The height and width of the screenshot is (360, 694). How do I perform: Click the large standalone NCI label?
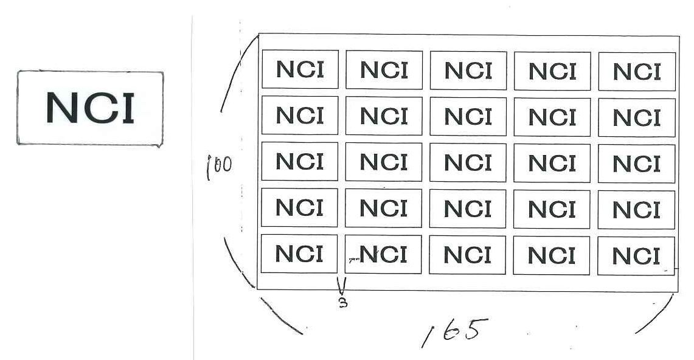(90, 108)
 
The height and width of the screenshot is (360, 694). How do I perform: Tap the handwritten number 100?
(219, 165)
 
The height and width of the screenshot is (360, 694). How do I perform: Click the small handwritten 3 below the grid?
(342, 302)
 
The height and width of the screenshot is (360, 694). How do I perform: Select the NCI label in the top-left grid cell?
(300, 69)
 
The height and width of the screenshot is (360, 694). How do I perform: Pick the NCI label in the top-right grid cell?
(637, 72)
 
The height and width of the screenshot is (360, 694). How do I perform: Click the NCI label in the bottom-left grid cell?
(299, 254)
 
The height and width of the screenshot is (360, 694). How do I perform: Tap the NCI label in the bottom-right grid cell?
(636, 257)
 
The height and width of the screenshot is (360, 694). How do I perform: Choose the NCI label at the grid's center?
(468, 163)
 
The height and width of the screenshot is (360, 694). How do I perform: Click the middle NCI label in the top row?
(468, 71)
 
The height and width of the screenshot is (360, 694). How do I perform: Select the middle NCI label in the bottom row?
(467, 255)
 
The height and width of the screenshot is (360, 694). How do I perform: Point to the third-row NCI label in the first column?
(300, 162)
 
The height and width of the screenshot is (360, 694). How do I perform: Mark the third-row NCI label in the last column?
(637, 164)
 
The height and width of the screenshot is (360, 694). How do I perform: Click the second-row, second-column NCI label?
(384, 116)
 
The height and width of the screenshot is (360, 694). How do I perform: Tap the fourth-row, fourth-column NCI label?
(552, 210)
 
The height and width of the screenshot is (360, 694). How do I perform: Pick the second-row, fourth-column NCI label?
(552, 117)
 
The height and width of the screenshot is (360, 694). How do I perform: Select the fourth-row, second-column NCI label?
(383, 209)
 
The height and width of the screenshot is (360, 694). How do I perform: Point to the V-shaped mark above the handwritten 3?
(342, 286)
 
